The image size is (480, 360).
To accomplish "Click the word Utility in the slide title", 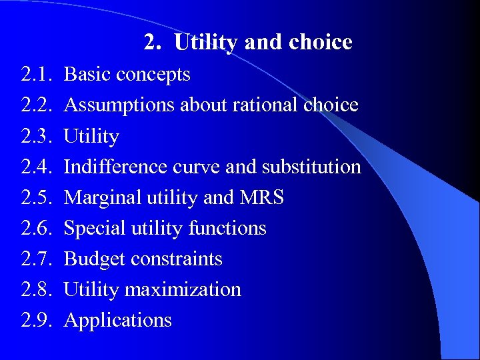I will (x=206, y=43).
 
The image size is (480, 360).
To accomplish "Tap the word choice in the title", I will (x=321, y=43).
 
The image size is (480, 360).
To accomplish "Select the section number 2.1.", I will (x=37, y=75).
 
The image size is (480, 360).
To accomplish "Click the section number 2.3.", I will (x=37, y=136).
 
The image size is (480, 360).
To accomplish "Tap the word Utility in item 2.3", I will (x=91, y=137).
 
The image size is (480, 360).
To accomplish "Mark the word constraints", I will (x=177, y=259).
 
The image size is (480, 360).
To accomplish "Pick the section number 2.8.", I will (x=37, y=289).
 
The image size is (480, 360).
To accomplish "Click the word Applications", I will (x=117, y=321).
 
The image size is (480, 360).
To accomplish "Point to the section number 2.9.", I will (x=37, y=320).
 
